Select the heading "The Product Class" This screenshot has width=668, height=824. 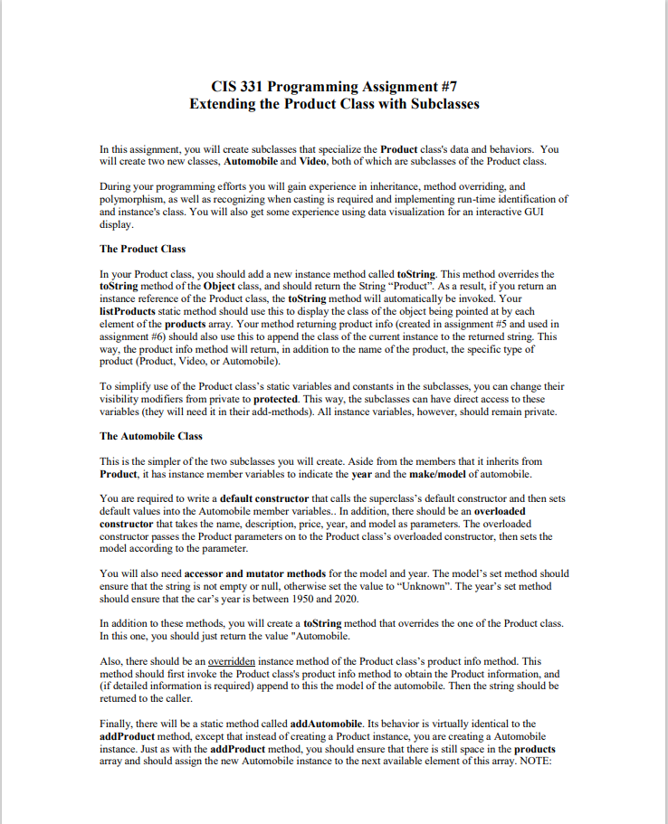tap(142, 249)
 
